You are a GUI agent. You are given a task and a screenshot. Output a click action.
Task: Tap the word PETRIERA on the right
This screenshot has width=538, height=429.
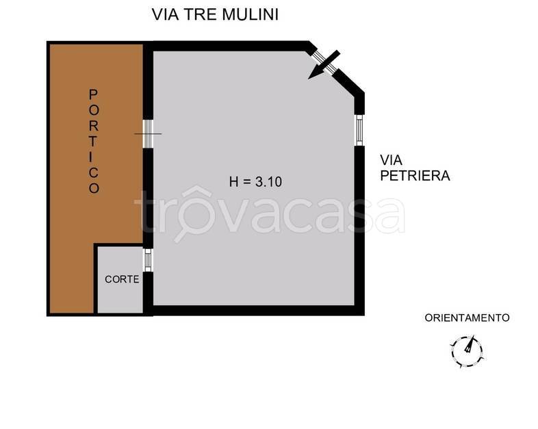(x=415, y=176)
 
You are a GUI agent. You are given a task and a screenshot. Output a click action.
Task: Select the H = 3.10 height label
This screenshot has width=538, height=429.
(x=255, y=182)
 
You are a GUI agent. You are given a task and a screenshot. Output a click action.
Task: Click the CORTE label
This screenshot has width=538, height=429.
(x=122, y=279)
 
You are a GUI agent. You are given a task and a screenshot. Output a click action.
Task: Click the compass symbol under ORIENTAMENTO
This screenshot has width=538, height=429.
(x=467, y=348)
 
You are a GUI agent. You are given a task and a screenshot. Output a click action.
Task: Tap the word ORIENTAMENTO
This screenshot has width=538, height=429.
(x=467, y=317)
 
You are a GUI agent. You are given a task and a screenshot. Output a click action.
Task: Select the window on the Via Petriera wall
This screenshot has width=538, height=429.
(x=359, y=130)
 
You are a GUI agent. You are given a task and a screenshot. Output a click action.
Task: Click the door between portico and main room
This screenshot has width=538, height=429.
(x=147, y=133)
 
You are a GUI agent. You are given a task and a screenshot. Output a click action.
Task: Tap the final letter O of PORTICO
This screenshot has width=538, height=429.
(x=94, y=188)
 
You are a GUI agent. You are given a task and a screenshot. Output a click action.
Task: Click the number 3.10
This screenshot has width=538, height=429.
(x=269, y=182)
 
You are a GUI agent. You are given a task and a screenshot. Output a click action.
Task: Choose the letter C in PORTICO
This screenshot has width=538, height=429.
(x=94, y=172)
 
